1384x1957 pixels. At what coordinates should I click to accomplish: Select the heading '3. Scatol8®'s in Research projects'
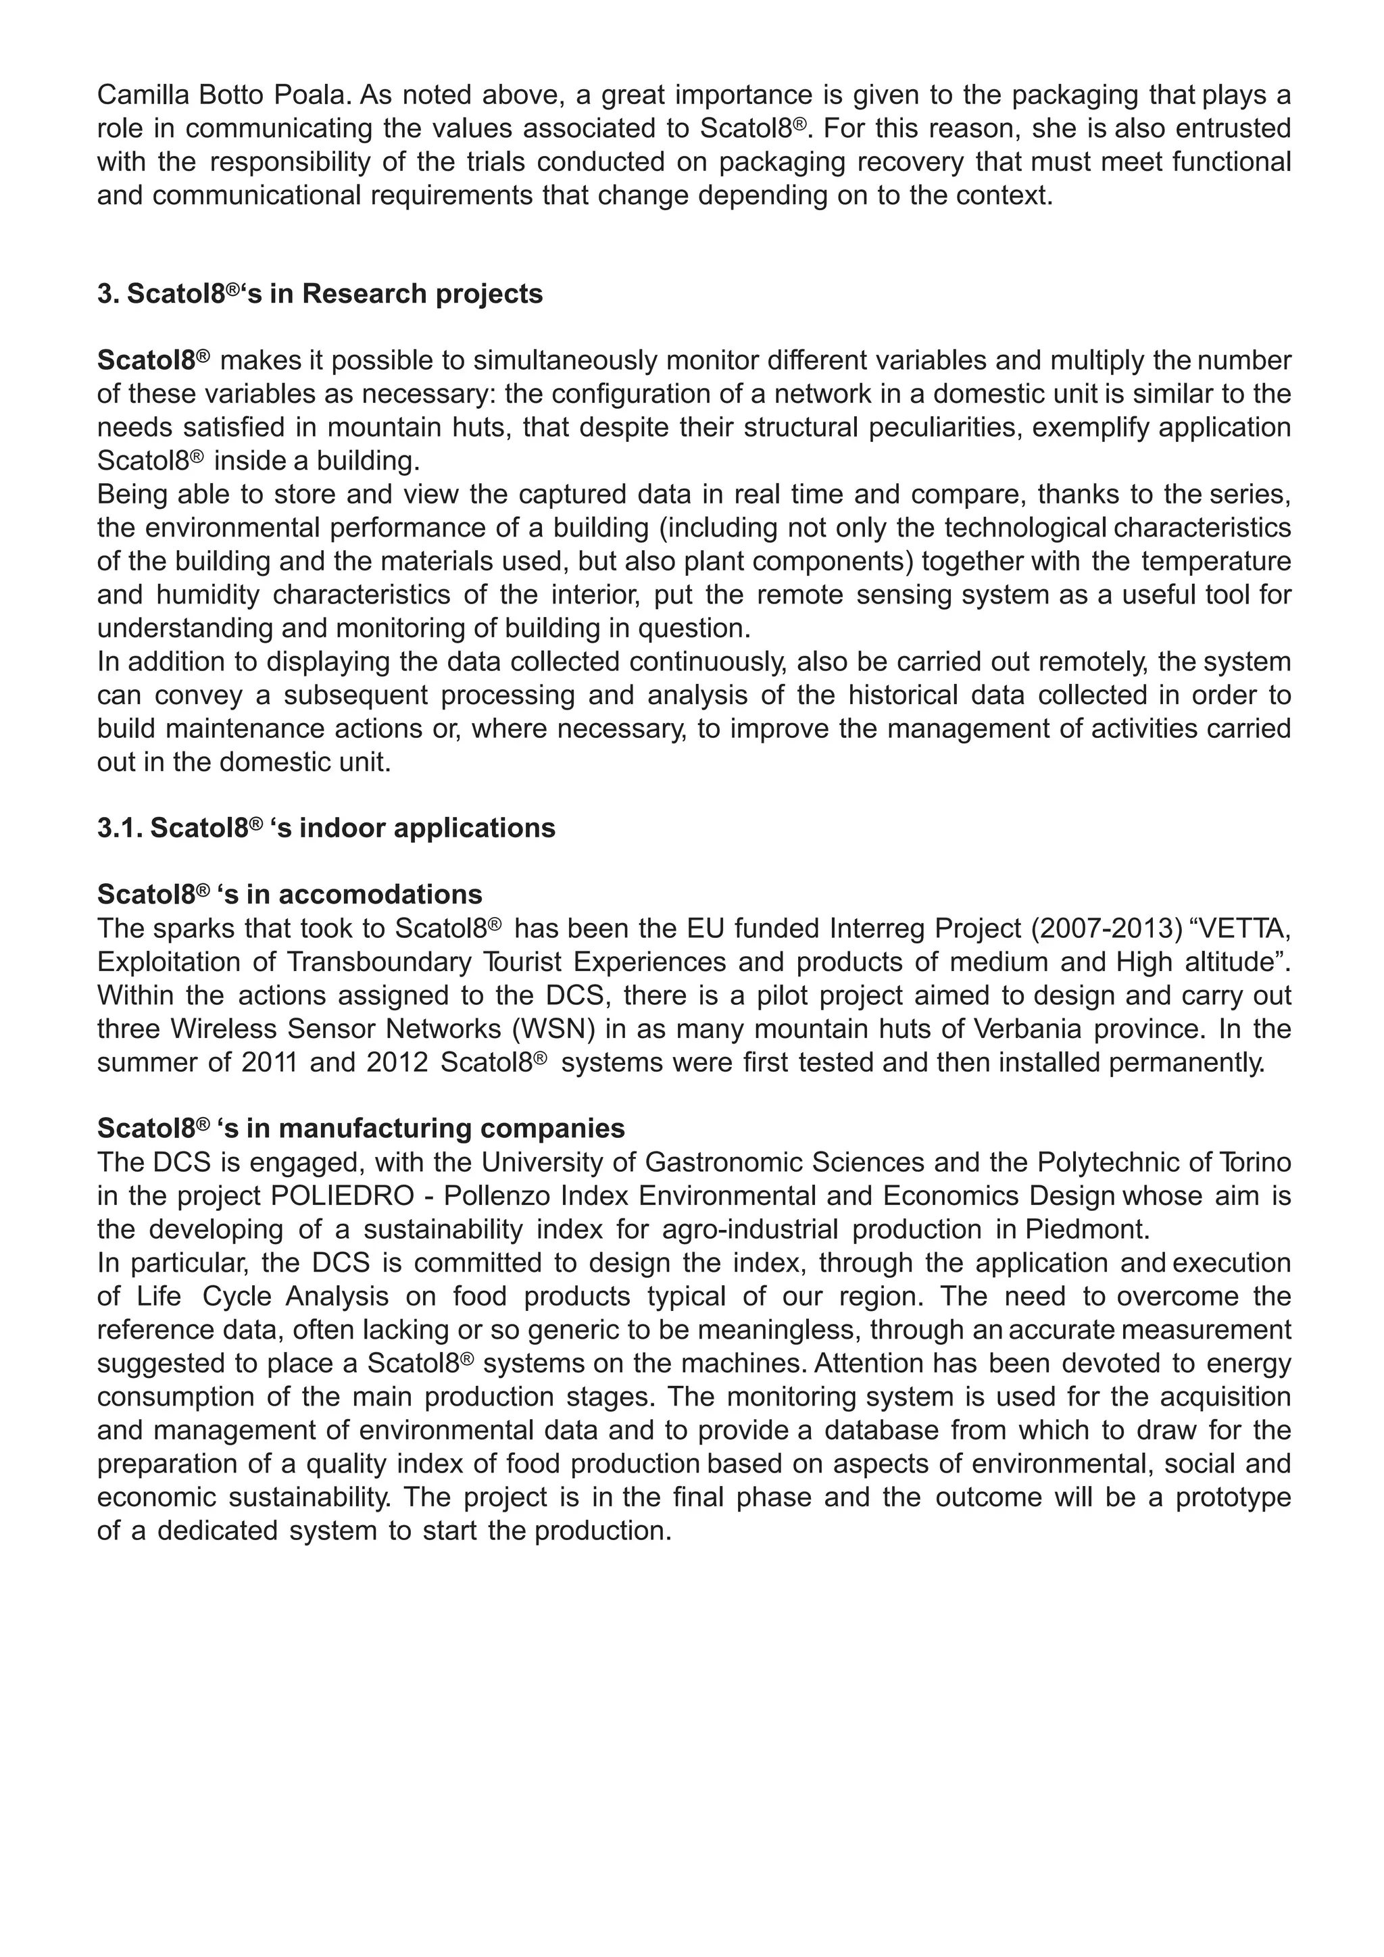(x=320, y=293)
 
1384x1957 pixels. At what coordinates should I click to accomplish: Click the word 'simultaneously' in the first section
(x=565, y=361)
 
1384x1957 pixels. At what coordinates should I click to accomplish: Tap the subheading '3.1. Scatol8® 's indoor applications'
(x=326, y=828)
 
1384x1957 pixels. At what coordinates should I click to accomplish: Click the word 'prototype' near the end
(x=1233, y=1497)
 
